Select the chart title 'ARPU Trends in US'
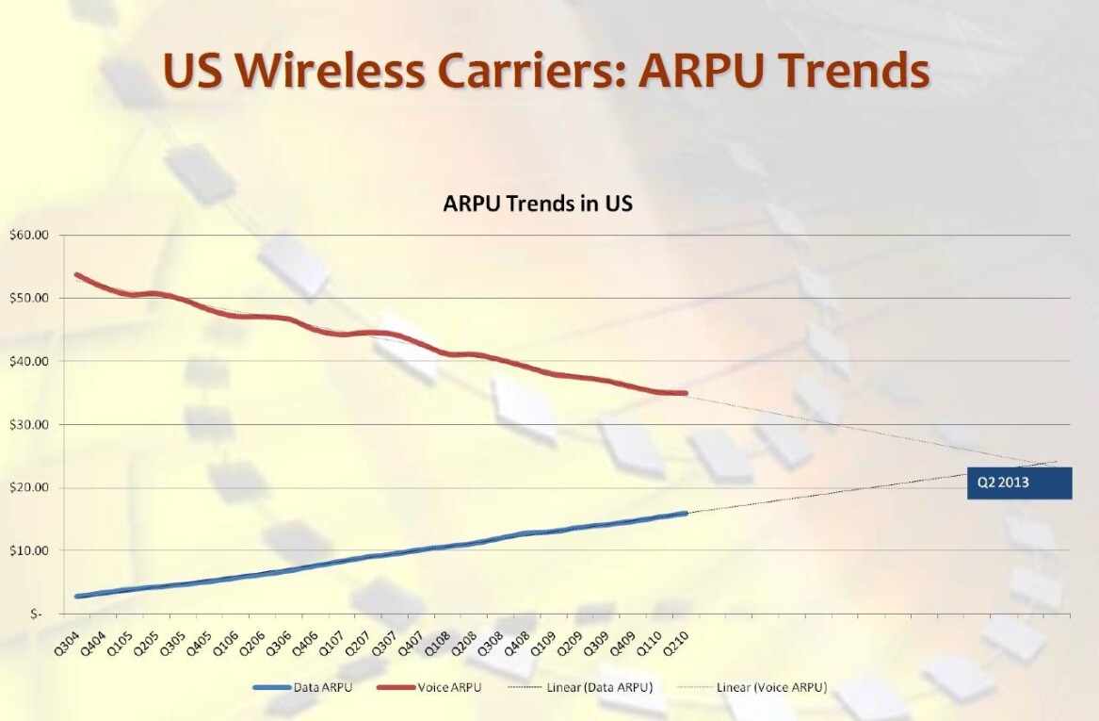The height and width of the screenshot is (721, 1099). coord(538,203)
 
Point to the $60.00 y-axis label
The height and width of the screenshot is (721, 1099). coord(28,235)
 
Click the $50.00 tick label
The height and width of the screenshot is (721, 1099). coord(28,298)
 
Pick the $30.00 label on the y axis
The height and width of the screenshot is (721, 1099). coord(28,425)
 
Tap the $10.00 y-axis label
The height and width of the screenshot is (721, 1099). coord(28,550)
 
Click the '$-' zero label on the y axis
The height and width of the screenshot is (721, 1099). coord(36,614)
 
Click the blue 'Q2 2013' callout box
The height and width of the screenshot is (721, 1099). coord(1019,483)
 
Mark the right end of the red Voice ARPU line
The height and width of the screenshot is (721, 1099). coord(686,393)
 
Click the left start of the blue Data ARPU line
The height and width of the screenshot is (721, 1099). coord(77,597)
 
